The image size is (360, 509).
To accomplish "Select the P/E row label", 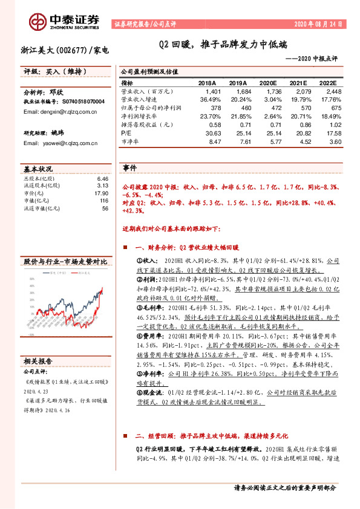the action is pyautogui.click(x=126, y=132).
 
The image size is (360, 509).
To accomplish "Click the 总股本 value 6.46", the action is pyautogui.click(x=102, y=180).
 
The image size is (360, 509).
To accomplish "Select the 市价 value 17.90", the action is pyautogui.click(x=100, y=193).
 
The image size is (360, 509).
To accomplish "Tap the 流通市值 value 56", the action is pyautogui.click(x=105, y=208).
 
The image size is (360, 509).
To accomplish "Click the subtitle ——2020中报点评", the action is pyautogui.click(x=311, y=58).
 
